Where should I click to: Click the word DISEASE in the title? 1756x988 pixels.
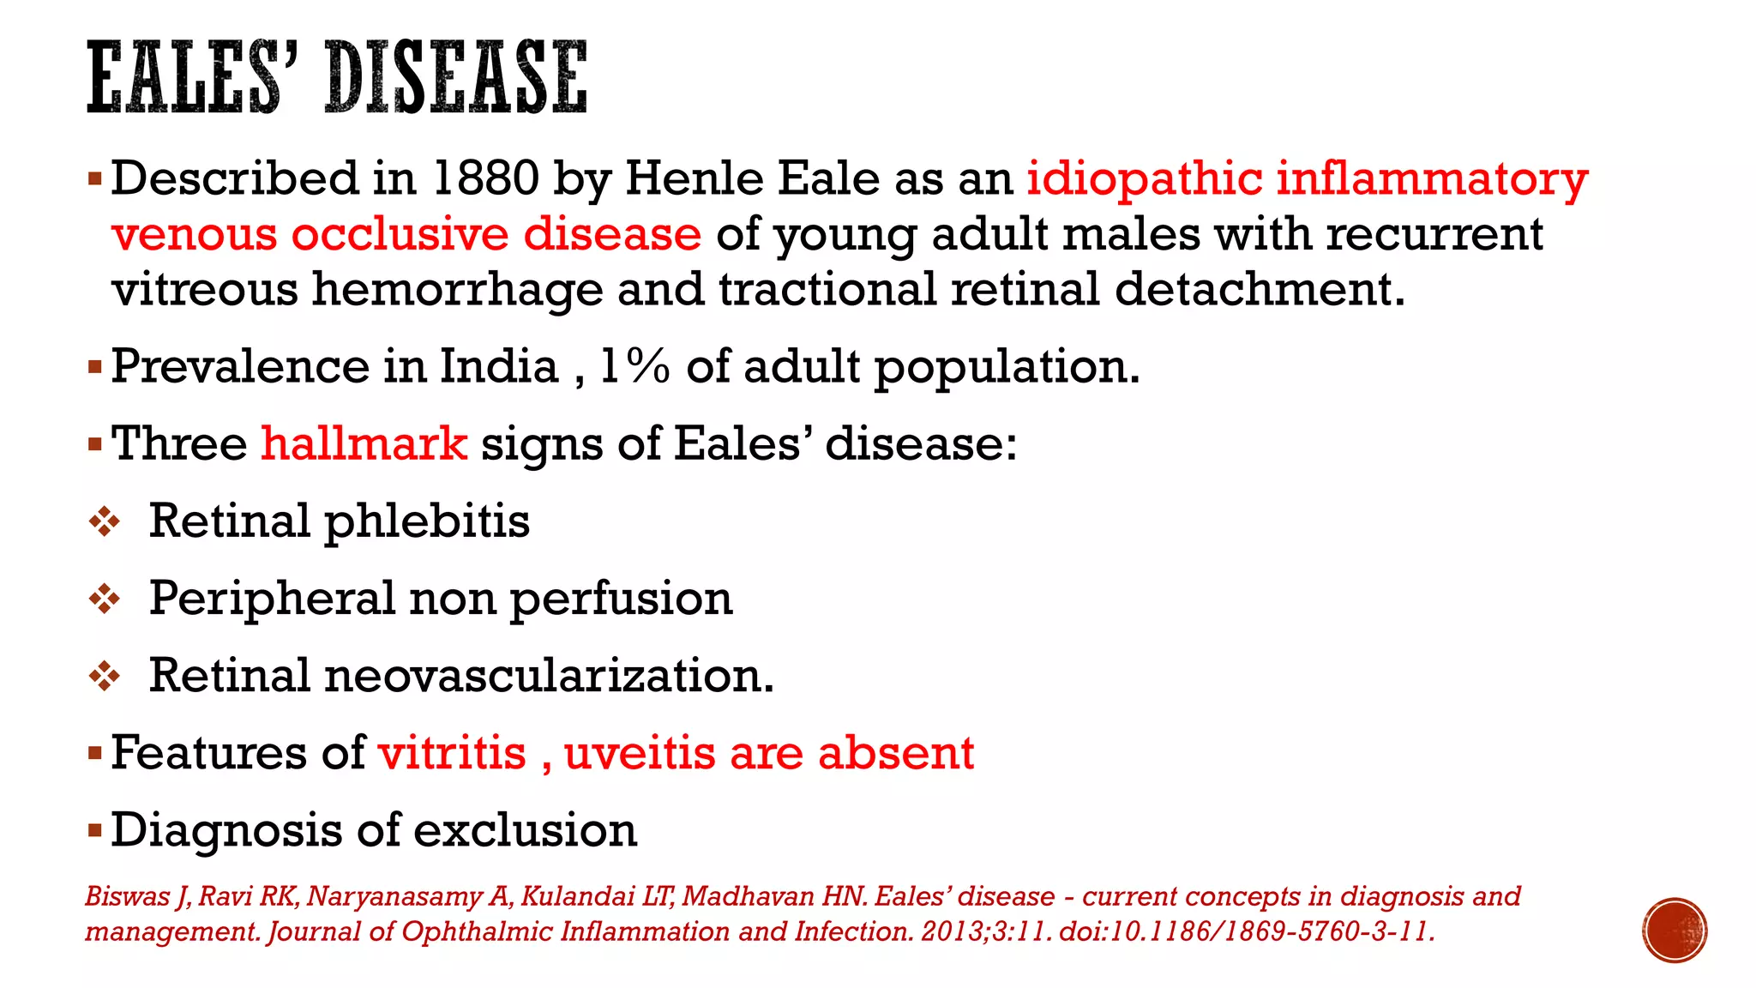(x=456, y=78)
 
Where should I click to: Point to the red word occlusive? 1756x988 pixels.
(x=400, y=234)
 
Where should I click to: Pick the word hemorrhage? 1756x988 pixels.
(x=457, y=289)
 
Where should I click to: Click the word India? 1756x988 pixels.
(x=498, y=366)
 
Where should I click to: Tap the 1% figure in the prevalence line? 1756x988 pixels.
(x=634, y=366)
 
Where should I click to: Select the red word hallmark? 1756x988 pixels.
(x=364, y=443)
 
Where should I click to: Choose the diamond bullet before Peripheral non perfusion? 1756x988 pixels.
(x=105, y=599)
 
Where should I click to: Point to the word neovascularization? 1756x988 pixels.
(x=548, y=675)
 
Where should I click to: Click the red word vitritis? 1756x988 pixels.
(x=452, y=753)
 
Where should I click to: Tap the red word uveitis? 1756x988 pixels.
(x=640, y=753)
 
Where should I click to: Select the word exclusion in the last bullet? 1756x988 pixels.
(x=526, y=830)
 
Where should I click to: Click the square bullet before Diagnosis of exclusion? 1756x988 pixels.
(x=95, y=829)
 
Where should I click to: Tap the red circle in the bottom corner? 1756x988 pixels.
(x=1675, y=930)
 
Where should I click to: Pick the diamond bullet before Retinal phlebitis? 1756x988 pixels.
(x=105, y=521)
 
